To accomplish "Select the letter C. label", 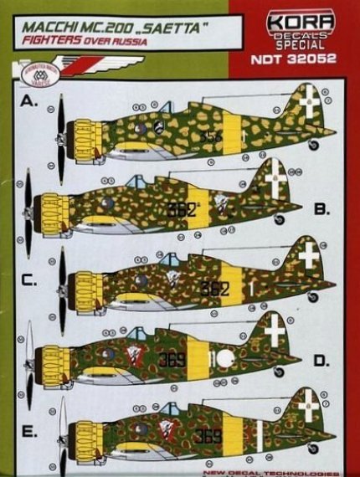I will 29,281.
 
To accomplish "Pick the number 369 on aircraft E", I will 208,434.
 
